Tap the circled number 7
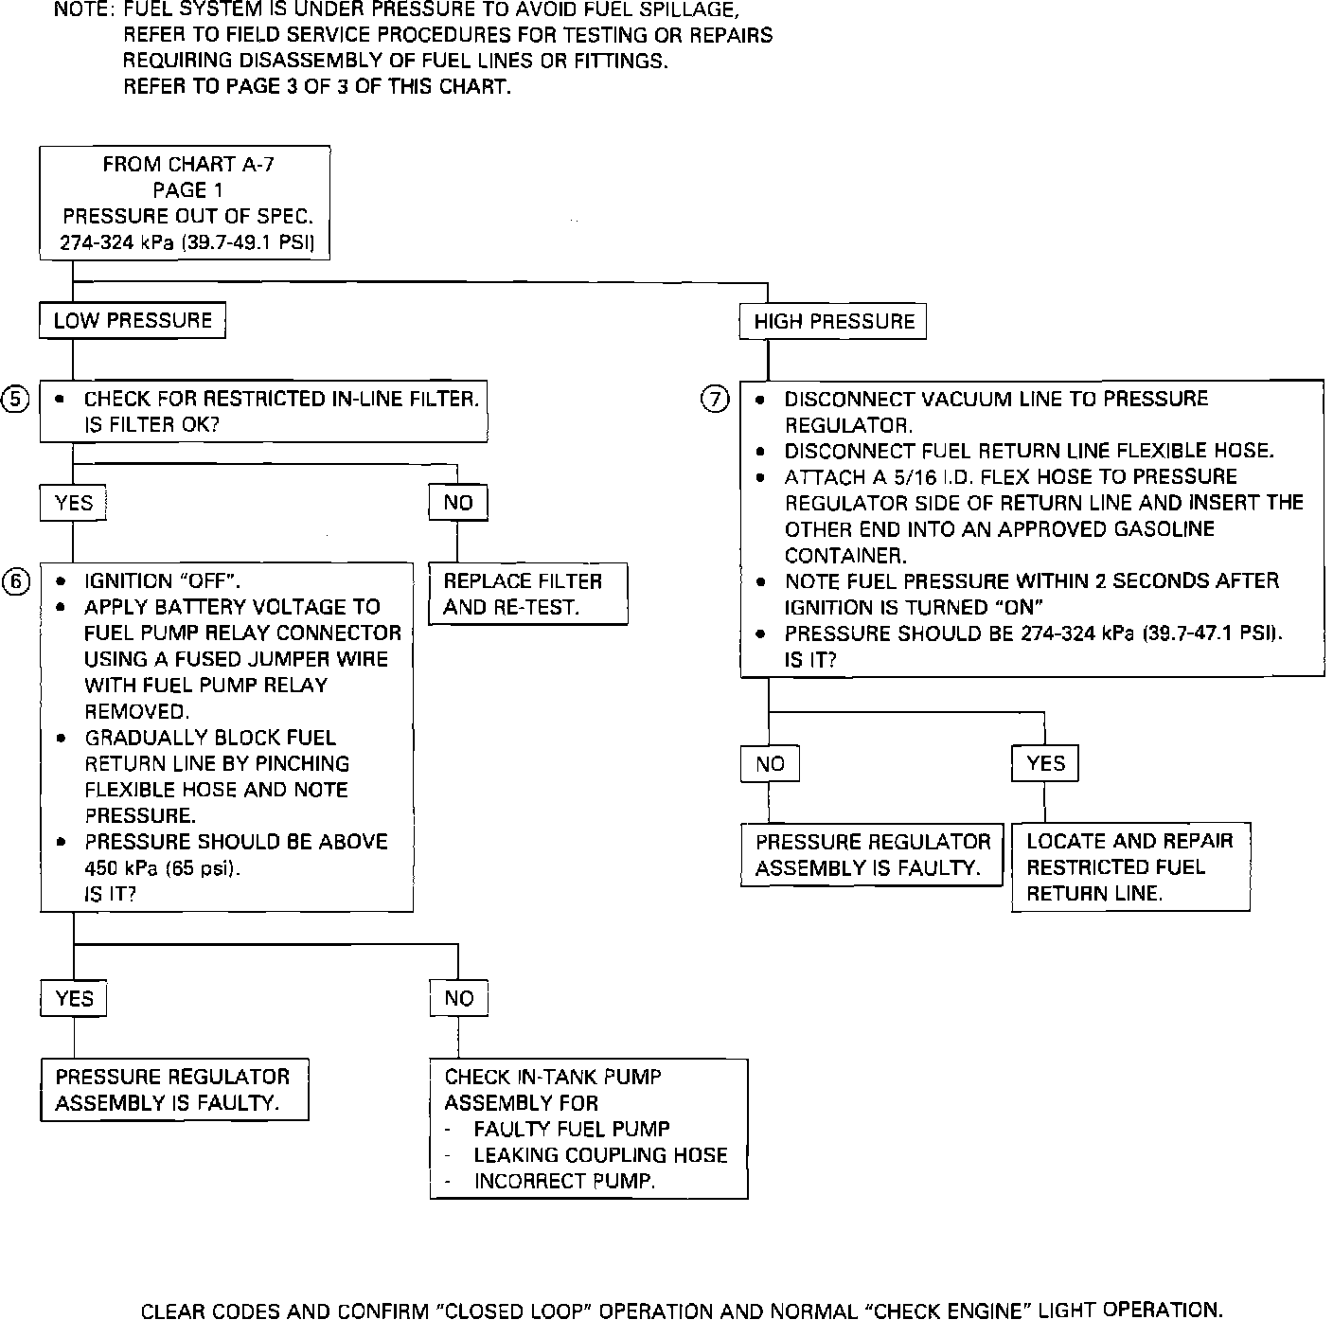point(715,400)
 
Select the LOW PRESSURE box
point(133,321)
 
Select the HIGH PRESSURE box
point(833,322)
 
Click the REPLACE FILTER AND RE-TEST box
point(528,595)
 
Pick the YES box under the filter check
point(74,503)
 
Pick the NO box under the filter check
point(458,503)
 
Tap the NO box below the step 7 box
point(770,764)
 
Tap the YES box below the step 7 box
point(1045,763)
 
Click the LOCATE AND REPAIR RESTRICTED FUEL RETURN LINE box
point(1130,867)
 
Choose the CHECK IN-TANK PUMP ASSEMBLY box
point(588,1129)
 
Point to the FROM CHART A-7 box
point(186,204)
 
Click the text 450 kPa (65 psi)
point(162,868)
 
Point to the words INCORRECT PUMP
point(564,1182)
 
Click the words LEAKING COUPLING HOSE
point(600,1155)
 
